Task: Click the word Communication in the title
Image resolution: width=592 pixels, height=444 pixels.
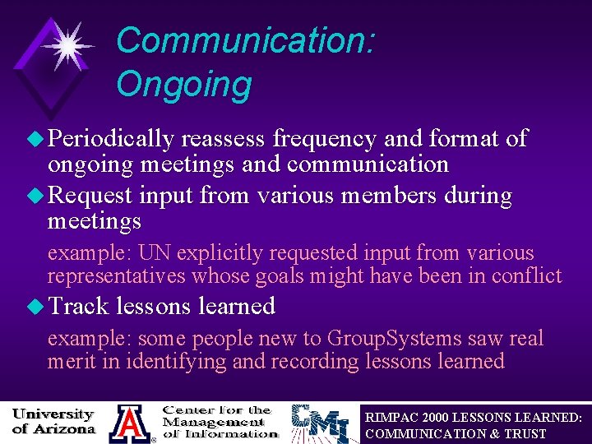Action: pyautogui.click(x=244, y=40)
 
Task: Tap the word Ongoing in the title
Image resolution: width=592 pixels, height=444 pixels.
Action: pyautogui.click(x=183, y=84)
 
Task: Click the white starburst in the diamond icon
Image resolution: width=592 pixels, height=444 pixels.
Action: pyautogui.click(x=66, y=46)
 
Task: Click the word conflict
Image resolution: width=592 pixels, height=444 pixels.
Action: pyautogui.click(x=526, y=276)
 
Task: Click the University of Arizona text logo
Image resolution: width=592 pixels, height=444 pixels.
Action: pyautogui.click(x=54, y=421)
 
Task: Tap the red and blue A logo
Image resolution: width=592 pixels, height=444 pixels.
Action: pyautogui.click(x=129, y=423)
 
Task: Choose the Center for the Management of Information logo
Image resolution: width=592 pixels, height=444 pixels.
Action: pyautogui.click(x=220, y=422)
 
